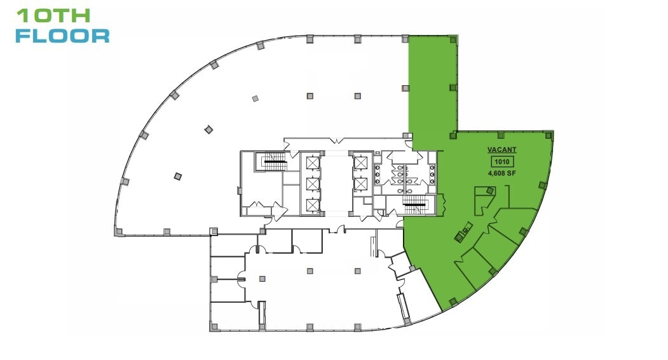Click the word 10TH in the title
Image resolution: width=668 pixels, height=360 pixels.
(53, 15)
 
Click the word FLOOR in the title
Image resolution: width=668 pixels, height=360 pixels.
(62, 36)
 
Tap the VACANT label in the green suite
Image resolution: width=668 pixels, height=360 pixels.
(501, 150)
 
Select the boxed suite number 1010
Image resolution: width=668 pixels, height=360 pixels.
(501, 162)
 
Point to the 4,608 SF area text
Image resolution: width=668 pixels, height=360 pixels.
(501, 172)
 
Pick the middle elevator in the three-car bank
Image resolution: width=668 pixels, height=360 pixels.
(311, 184)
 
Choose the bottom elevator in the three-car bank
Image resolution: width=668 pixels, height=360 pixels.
(311, 205)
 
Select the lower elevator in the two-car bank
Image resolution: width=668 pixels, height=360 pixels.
(360, 184)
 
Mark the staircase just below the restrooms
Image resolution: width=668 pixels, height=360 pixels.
(416, 205)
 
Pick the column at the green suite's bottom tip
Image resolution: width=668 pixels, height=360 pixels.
(453, 301)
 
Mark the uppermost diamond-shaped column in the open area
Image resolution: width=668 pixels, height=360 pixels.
(255, 99)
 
